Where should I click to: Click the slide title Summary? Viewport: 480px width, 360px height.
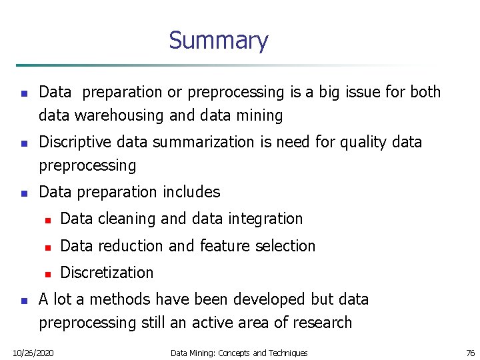point(218,41)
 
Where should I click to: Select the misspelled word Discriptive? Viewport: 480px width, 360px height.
point(76,142)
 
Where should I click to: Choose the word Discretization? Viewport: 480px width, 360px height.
point(107,273)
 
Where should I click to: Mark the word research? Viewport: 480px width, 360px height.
point(321,323)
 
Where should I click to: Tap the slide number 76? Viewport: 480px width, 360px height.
point(469,352)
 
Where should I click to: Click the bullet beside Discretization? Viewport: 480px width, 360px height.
point(47,273)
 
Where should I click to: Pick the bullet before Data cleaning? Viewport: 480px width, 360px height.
point(47,219)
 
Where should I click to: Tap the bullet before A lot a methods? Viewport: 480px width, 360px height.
point(24,300)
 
